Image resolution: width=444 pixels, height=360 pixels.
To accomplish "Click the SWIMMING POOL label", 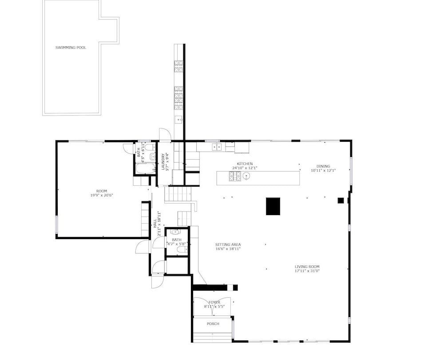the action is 71,48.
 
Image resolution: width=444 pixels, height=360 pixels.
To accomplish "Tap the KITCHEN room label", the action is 245,164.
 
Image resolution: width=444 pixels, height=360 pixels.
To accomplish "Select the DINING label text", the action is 323,166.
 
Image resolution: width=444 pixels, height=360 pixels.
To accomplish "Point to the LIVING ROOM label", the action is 307,267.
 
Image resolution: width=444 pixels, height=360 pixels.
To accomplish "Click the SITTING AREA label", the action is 228,244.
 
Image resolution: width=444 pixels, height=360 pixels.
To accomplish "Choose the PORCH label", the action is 213,324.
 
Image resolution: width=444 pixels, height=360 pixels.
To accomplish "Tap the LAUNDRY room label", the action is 163,162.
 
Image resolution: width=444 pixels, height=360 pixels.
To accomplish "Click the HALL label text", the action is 155,224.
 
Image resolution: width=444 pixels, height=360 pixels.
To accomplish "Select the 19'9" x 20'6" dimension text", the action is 102,195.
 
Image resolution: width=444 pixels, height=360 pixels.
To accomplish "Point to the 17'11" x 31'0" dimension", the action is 307,271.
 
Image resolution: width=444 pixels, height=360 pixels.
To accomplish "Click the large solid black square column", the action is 273,206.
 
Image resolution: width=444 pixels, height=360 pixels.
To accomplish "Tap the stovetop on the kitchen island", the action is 235,176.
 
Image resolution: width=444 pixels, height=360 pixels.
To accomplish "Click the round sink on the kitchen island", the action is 246,176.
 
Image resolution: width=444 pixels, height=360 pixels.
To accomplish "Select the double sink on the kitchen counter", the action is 217,147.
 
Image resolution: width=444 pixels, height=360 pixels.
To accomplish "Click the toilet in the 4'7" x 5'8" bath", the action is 182,249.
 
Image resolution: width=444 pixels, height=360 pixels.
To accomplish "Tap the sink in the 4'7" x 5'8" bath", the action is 175,232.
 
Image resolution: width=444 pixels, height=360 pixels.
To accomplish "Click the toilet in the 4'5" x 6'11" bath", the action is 152,156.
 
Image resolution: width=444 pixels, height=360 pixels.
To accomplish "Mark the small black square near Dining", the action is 341,200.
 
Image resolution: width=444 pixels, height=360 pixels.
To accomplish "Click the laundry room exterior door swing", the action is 165,134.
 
